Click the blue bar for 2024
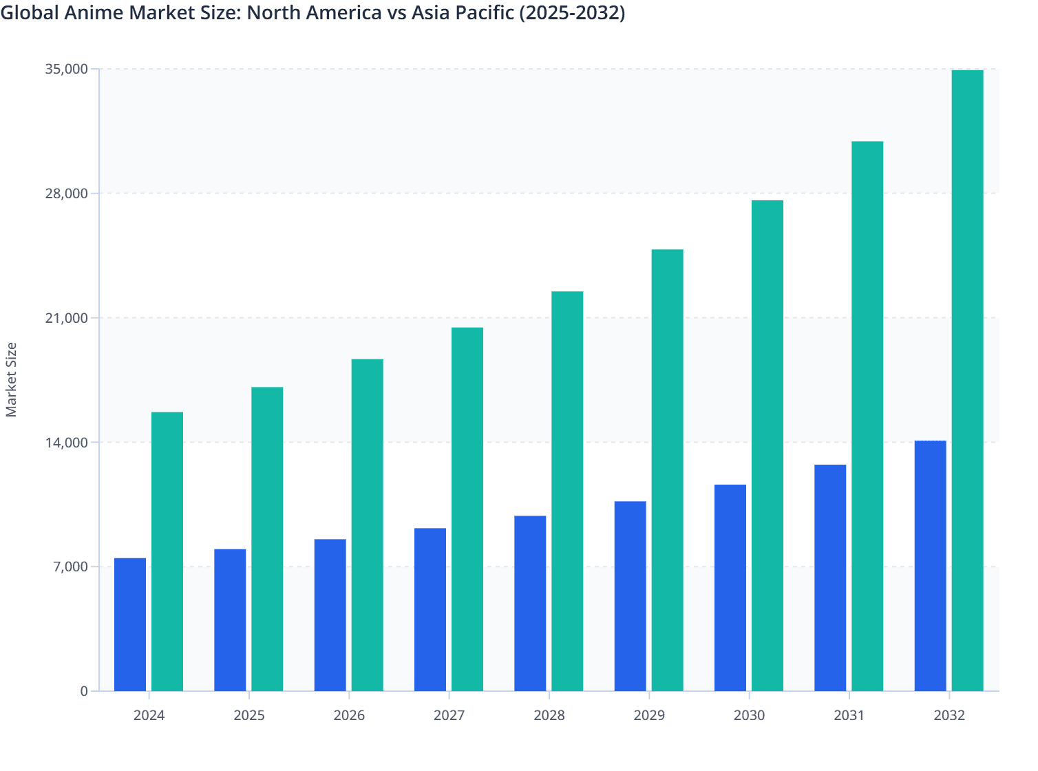click(130, 624)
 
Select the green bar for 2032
click(967, 381)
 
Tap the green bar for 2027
click(467, 509)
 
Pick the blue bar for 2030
click(730, 588)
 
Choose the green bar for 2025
click(267, 539)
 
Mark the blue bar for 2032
click(930, 566)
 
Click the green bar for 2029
click(667, 470)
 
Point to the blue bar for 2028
click(530, 603)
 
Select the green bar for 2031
click(867, 416)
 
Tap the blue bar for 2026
click(330, 615)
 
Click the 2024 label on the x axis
click(149, 715)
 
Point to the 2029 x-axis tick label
click(649, 715)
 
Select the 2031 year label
click(849, 715)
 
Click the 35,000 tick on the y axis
click(66, 69)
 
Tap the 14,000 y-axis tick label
click(66, 442)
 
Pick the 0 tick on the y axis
click(84, 691)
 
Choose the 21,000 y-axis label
click(66, 318)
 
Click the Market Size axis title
click(12, 379)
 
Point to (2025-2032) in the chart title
click(572, 12)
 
